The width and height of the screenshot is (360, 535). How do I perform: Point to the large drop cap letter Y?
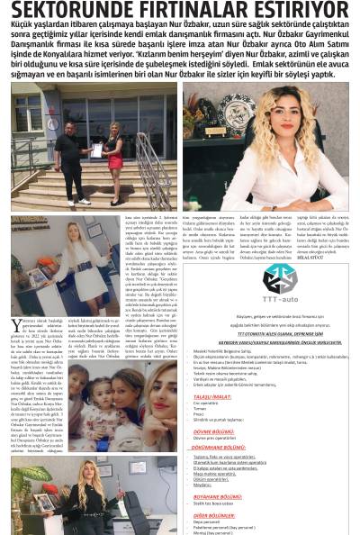click(x=15, y=326)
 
